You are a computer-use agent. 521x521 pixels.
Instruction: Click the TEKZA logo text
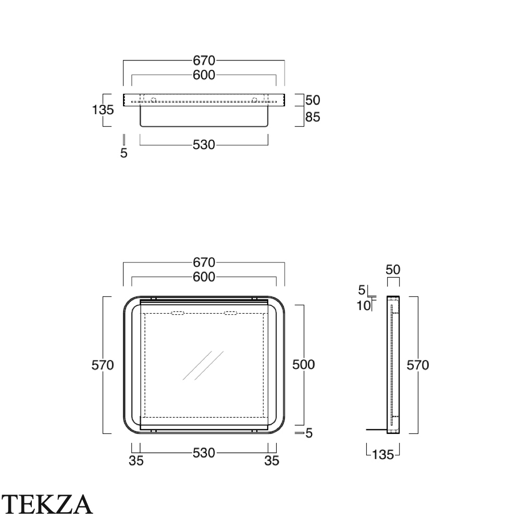pyautogui.click(x=47, y=504)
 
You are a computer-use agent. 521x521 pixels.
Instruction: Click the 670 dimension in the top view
pyautogui.click(x=204, y=61)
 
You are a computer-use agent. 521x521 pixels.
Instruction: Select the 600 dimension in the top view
pyautogui.click(x=204, y=75)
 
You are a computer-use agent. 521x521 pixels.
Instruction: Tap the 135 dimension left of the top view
pyautogui.click(x=103, y=109)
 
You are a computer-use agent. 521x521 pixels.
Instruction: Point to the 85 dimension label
pyautogui.click(x=313, y=117)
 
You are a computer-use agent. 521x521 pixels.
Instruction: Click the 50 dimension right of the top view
pyautogui.click(x=313, y=100)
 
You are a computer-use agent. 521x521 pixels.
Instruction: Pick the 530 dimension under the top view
pyautogui.click(x=204, y=145)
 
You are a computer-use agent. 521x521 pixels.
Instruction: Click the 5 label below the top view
pyautogui.click(x=124, y=153)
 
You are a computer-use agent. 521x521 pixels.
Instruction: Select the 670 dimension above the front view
pyautogui.click(x=204, y=263)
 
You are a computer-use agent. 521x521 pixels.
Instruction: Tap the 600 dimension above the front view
pyautogui.click(x=204, y=277)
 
